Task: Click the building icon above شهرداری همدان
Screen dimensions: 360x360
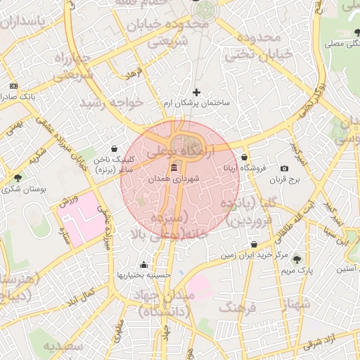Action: [174, 167]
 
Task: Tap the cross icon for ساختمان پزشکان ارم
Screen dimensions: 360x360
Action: [196, 92]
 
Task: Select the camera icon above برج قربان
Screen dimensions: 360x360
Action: [284, 169]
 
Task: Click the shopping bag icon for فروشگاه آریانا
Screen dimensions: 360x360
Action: [244, 157]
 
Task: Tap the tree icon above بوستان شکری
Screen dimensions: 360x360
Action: [18, 177]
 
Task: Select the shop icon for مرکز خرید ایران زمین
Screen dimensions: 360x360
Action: [253, 245]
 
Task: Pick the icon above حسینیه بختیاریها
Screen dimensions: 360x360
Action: [144, 264]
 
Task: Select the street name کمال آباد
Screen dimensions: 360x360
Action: [79, 297]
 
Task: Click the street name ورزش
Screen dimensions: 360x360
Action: [67, 202]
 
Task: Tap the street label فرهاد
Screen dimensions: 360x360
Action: [134, 73]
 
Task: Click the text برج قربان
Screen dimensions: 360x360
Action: [284, 180]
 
